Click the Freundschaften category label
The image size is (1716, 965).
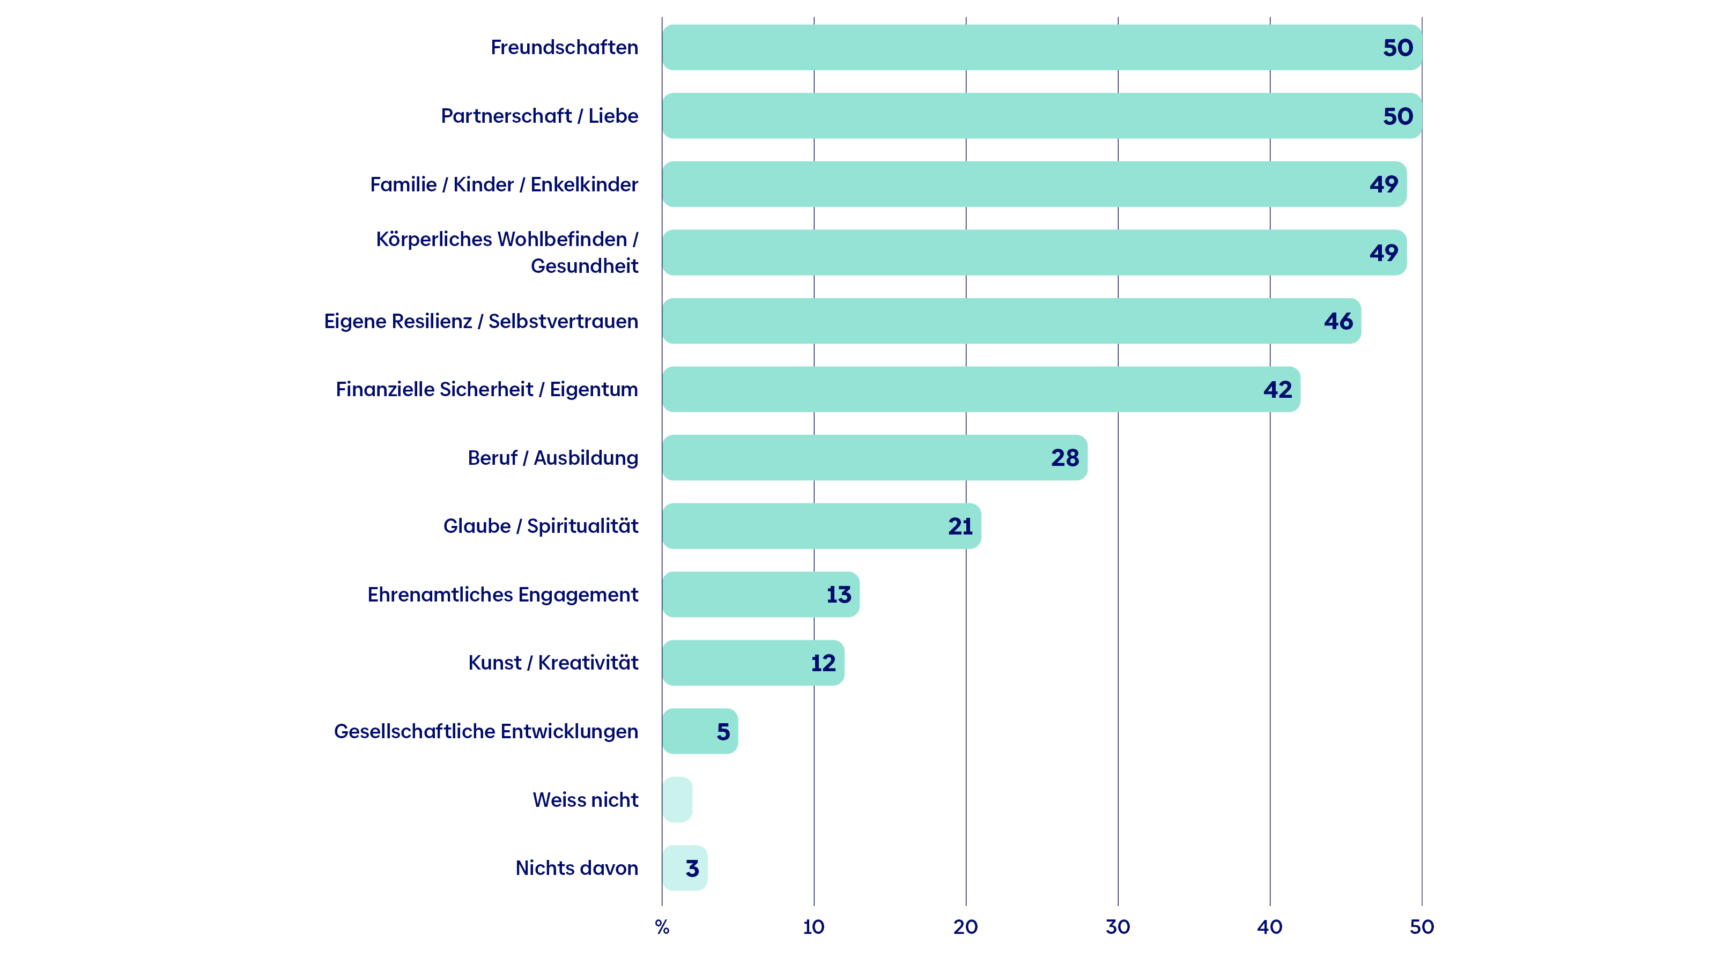[564, 47]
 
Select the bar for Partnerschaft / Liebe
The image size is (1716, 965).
[1042, 116]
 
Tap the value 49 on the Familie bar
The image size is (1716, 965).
[1384, 184]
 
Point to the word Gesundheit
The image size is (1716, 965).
[584, 266]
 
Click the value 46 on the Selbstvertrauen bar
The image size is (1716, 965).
[1338, 321]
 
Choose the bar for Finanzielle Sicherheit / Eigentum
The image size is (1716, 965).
[981, 390]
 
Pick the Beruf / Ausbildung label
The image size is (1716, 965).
[553, 458]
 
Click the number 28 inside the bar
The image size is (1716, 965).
[1065, 458]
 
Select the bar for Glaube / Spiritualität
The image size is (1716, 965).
[822, 526]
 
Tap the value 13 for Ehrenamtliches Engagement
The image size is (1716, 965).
[839, 595]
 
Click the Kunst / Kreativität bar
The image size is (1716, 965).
[753, 663]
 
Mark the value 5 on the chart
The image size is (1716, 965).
[723, 732]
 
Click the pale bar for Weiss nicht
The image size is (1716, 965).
[677, 800]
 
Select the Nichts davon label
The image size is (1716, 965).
[577, 868]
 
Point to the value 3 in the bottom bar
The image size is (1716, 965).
[693, 868]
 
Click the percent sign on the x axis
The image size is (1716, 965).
[662, 927]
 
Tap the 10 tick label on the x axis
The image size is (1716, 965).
[814, 927]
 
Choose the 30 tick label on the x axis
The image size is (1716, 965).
[1118, 927]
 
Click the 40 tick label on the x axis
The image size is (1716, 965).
[1270, 927]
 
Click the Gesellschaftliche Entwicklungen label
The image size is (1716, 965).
[486, 731]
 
